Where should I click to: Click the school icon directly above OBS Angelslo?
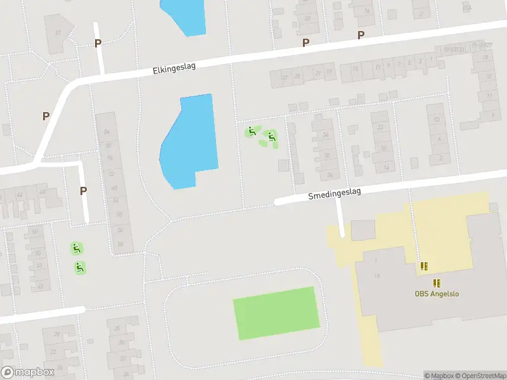point(437,282)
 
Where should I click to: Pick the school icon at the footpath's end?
point(423,267)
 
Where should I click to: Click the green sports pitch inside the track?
point(276,313)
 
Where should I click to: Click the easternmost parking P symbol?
point(361,35)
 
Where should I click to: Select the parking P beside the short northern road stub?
point(98,43)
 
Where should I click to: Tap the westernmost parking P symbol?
point(46,116)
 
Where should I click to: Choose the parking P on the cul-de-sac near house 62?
point(83,191)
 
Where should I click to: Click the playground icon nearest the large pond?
point(252,132)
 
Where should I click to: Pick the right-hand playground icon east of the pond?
point(271,136)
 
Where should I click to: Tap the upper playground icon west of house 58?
point(76,248)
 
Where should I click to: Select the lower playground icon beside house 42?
point(80,268)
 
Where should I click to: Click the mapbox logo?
point(27,372)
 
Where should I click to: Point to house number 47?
point(58,33)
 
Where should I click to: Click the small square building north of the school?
point(363,230)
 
